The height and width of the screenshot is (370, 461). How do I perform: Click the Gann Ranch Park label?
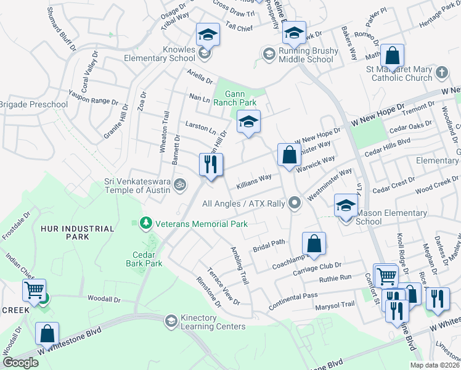234,99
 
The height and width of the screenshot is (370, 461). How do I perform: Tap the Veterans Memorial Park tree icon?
146,223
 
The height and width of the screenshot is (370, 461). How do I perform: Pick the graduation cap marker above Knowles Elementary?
208,35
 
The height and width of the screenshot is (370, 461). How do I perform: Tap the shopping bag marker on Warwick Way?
289,155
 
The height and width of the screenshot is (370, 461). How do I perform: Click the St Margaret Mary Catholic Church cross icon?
441,73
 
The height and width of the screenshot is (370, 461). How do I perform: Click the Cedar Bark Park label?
147,258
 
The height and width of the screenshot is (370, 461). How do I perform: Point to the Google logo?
20,363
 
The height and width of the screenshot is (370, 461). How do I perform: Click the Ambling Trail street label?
240,265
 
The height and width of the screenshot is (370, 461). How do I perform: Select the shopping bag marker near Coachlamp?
314,243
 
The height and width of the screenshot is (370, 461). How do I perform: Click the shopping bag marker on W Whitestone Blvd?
47,334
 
